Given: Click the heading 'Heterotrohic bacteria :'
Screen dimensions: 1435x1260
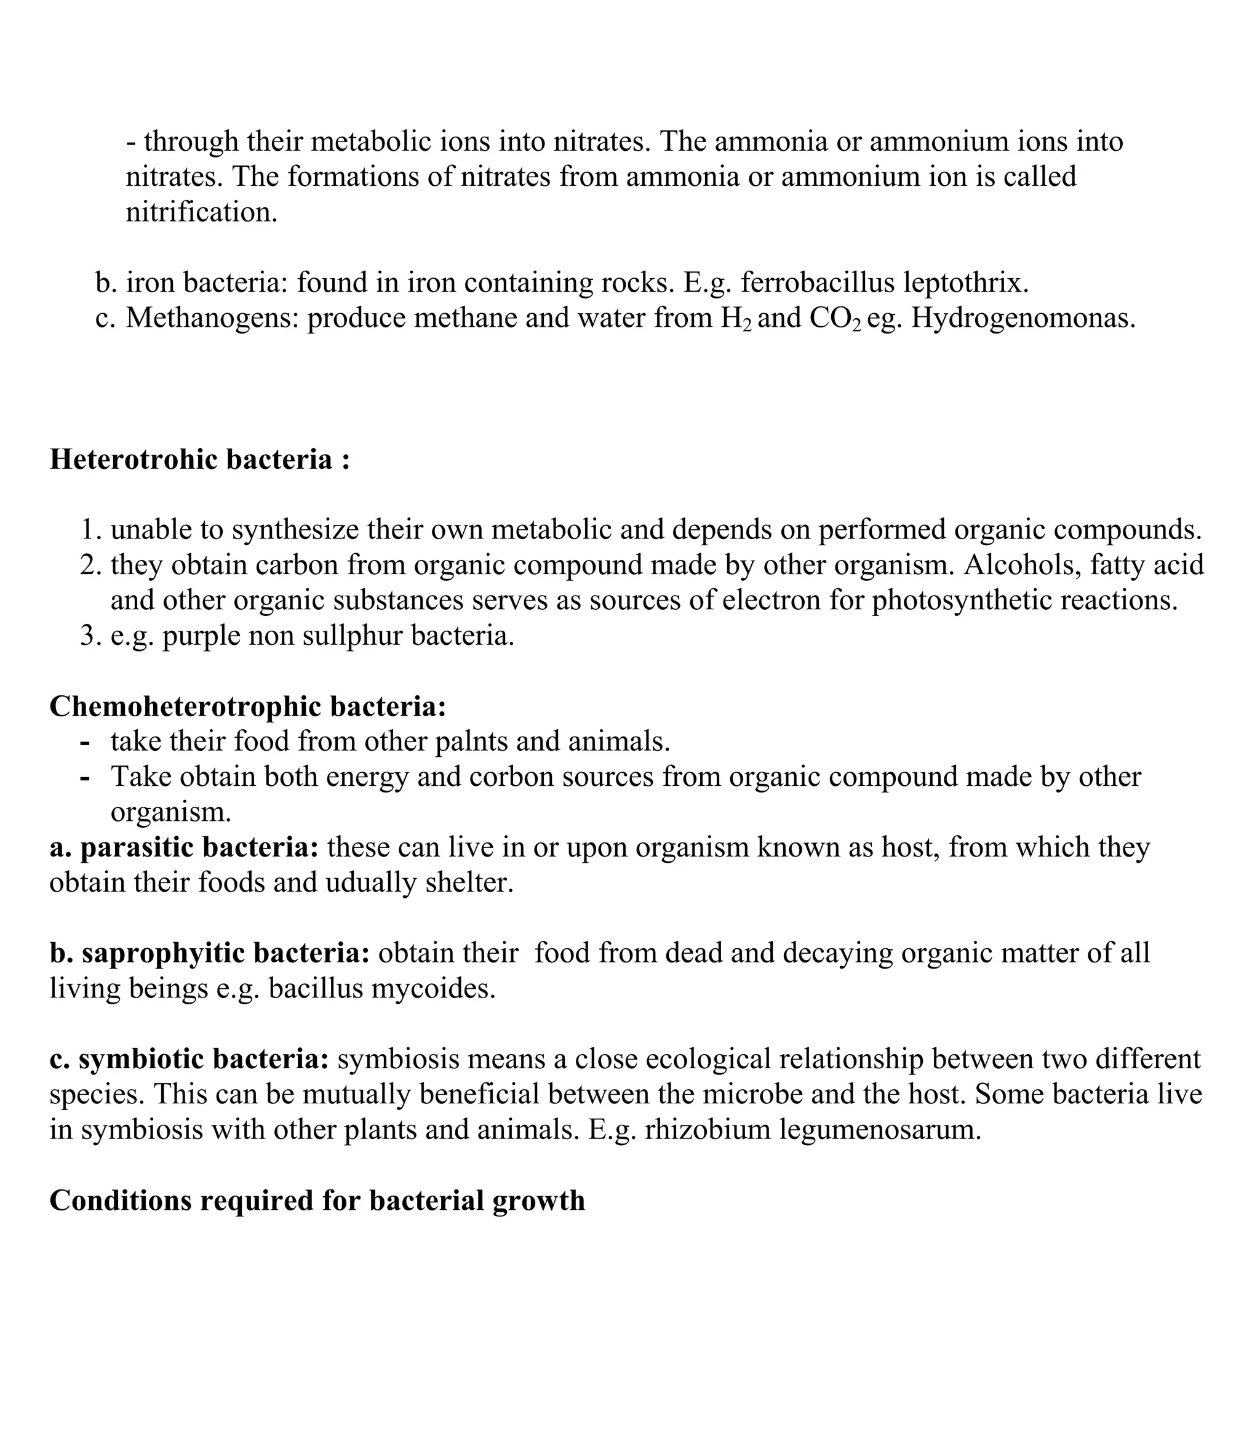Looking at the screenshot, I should coord(199,460).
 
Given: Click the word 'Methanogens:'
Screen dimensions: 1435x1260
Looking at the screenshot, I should coord(213,319).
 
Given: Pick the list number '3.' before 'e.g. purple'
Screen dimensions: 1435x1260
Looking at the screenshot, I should coord(90,636).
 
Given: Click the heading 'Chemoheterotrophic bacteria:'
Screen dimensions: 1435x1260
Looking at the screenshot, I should coord(248,707).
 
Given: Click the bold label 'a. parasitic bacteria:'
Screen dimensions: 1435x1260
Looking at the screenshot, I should coord(184,847).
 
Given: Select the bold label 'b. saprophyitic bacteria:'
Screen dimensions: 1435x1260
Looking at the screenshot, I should coord(209,953).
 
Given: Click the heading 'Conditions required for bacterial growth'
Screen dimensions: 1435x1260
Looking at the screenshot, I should coord(317,1201).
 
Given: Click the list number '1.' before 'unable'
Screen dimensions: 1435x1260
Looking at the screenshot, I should coord(90,530).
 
